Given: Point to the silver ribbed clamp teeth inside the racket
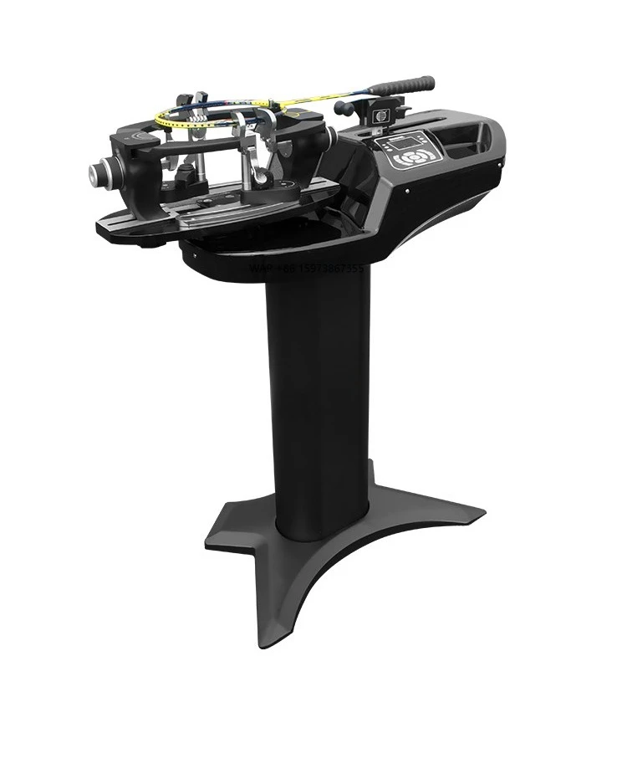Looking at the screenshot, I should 200,121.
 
